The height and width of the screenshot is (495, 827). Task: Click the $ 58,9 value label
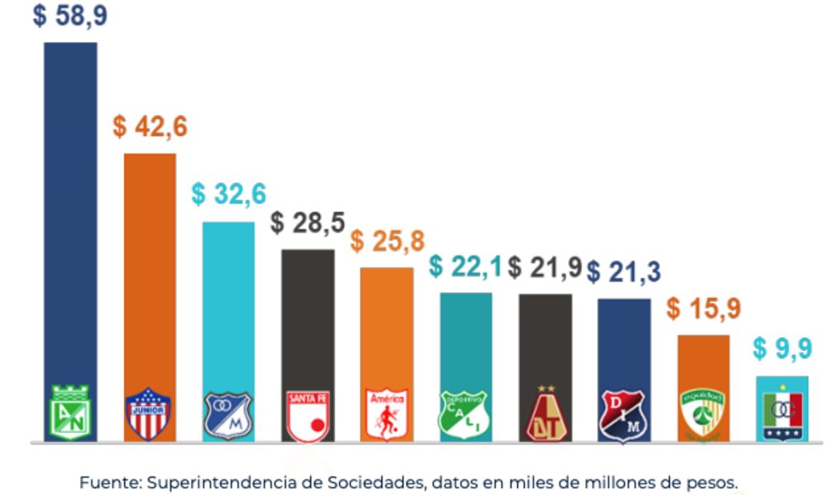click(x=70, y=17)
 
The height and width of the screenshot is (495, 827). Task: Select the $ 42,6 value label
click(x=151, y=128)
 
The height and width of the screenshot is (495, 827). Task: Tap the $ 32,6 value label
click(x=229, y=195)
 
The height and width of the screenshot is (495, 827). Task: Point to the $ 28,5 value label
click(x=308, y=223)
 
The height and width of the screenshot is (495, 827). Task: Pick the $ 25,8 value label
click(x=387, y=242)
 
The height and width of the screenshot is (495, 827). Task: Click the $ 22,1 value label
click(x=466, y=267)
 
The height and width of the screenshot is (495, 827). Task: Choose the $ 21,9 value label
click(x=545, y=267)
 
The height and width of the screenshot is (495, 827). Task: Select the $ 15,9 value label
click(x=704, y=309)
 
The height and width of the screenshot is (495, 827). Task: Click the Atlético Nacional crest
click(x=70, y=412)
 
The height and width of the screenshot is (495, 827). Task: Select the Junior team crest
click(x=149, y=413)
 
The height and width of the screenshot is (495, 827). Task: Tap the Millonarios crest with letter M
click(x=228, y=414)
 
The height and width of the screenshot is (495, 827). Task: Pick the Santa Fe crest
click(x=308, y=414)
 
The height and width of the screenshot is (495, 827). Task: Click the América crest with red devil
click(x=387, y=414)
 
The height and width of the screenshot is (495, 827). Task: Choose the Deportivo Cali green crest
click(x=465, y=414)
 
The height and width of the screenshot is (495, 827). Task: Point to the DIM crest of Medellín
click(x=624, y=414)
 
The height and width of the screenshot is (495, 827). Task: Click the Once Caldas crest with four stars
click(x=782, y=411)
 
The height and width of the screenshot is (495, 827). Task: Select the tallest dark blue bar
click(x=70, y=207)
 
